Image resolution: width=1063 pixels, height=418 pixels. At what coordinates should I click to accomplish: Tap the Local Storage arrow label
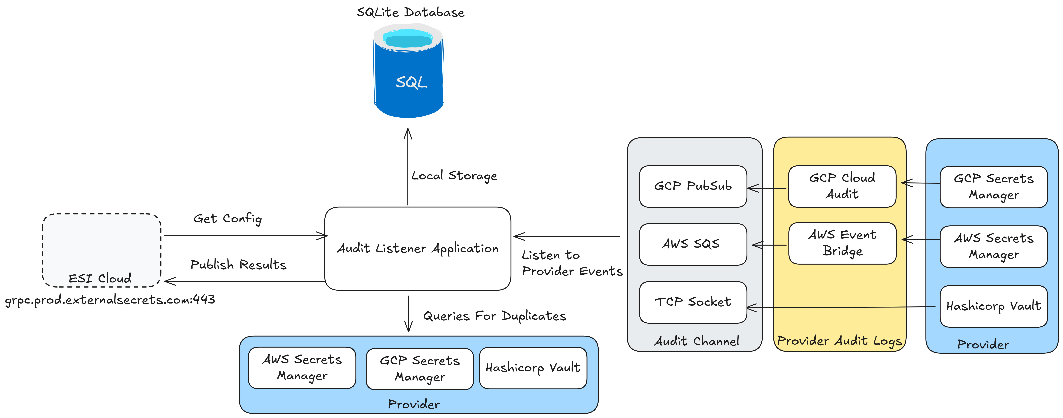[x=454, y=176]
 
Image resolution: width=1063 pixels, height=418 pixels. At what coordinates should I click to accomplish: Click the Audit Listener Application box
[x=418, y=248]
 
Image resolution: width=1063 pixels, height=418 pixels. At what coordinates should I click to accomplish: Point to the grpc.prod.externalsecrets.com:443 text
[x=110, y=300]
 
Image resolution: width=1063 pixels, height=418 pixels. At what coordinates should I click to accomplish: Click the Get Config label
[x=227, y=218]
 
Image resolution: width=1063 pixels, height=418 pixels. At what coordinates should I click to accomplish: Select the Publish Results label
[x=238, y=264]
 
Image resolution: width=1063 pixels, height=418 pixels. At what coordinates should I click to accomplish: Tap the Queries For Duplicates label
[x=494, y=316]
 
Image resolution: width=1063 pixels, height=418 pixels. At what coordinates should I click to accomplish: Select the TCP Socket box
[x=693, y=302]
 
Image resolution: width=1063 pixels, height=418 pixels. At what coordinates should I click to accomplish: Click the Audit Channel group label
[x=697, y=341]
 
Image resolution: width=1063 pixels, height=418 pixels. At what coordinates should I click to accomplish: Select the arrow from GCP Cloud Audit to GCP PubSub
[x=768, y=188]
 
